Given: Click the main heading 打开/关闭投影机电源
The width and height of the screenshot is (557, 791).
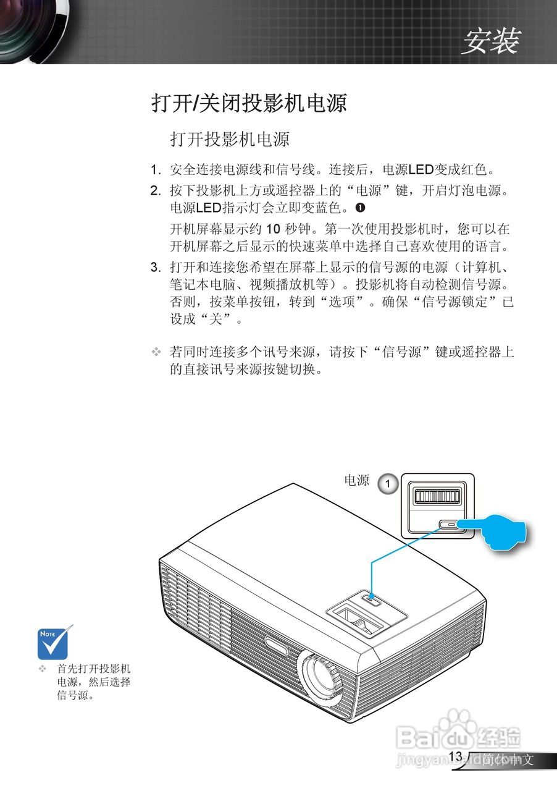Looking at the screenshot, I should coord(249,103).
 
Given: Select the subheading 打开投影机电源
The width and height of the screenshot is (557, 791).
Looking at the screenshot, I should coord(230,139).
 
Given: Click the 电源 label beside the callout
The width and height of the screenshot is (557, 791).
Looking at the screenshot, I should coord(356,481).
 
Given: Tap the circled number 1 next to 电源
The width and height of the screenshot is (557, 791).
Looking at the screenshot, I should coord(387,484).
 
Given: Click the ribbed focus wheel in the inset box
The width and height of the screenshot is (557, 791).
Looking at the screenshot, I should coord(437,497).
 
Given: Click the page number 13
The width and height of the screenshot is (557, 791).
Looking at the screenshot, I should coord(456,756).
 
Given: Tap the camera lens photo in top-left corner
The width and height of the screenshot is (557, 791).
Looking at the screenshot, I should coord(22,28).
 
